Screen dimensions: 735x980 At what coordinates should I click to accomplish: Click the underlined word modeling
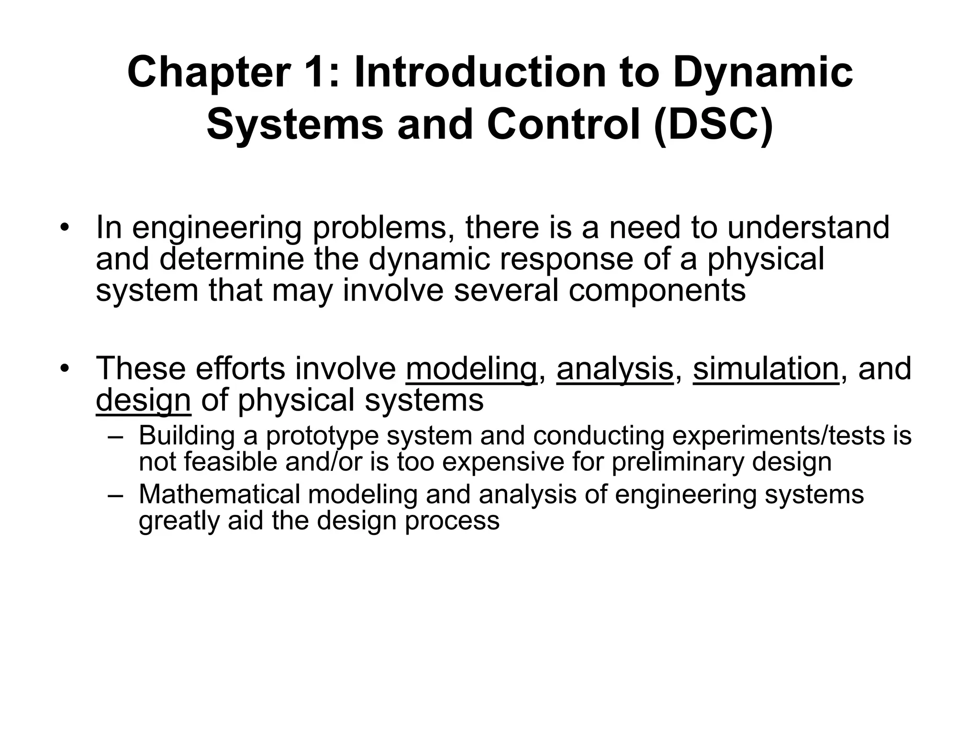(471, 369)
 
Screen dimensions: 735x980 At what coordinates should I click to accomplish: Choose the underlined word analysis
(614, 369)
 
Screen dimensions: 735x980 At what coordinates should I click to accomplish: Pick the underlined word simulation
(766, 369)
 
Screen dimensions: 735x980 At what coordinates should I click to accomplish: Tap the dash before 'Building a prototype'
(116, 437)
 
